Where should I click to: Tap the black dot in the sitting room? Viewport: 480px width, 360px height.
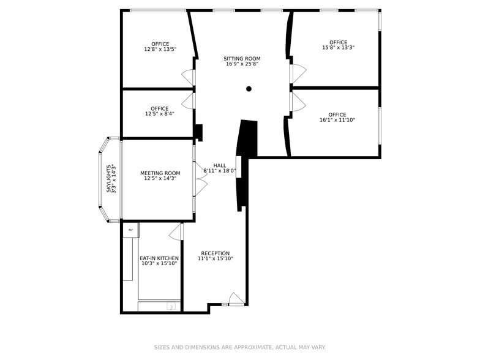tap(249, 89)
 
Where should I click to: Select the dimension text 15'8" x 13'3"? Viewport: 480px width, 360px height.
tap(338, 48)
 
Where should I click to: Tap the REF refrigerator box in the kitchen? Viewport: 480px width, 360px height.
tap(130, 230)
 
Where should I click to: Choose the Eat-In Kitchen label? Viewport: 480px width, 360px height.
tap(159, 258)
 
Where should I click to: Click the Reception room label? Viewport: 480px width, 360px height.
tap(215, 253)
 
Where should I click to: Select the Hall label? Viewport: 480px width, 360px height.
tap(219, 166)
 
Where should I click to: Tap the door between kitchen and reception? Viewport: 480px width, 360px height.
tap(176, 231)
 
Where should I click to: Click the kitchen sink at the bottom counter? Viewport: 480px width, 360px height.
tap(171, 306)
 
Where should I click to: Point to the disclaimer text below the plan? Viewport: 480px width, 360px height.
tap(239, 347)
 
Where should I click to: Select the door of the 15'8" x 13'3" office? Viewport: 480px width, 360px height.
tap(298, 73)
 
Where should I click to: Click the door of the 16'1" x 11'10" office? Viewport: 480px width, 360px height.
tap(298, 102)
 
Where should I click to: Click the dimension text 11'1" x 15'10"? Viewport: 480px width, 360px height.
tap(215, 259)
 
